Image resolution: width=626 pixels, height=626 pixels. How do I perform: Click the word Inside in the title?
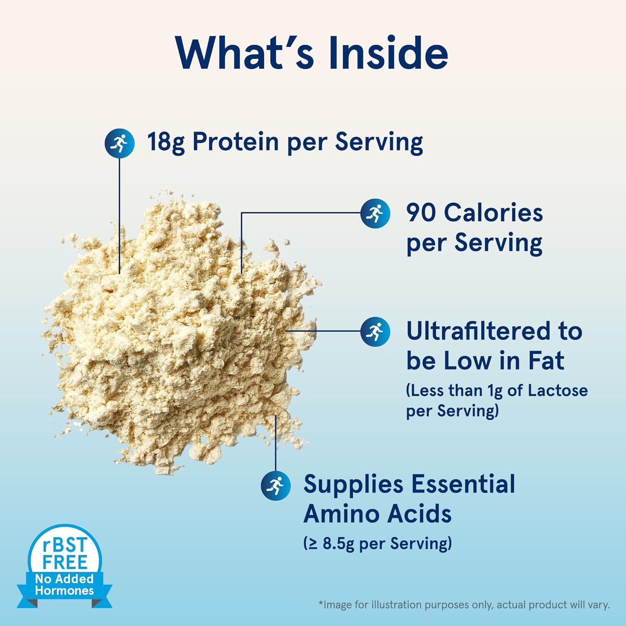click(388, 53)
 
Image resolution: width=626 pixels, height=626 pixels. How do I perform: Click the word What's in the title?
click(245, 53)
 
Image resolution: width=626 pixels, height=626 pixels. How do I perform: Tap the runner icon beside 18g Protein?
click(120, 143)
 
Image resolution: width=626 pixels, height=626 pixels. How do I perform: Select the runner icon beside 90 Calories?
click(375, 213)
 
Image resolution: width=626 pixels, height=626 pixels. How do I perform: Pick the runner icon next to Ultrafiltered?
click(375, 331)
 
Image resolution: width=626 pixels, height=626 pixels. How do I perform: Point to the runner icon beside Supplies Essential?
click(276, 485)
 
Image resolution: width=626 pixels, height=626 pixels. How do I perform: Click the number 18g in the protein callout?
click(165, 142)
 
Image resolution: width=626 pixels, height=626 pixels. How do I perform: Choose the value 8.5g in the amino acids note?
click(338, 543)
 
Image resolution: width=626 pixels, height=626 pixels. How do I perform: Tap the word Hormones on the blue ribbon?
click(64, 591)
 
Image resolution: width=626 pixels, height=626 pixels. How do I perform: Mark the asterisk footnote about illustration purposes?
click(464, 605)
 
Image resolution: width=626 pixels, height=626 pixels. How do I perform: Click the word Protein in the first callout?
click(235, 142)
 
